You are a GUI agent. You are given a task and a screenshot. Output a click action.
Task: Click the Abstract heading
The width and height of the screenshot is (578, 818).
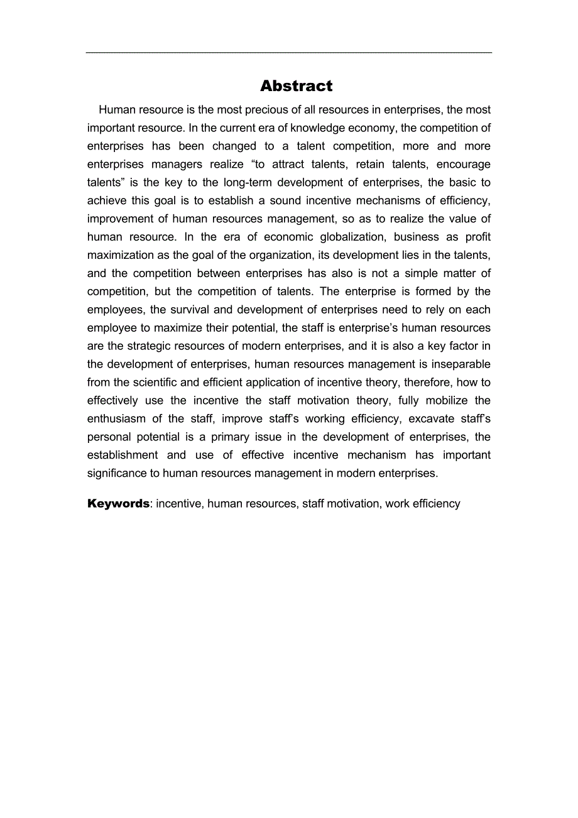tap(296, 86)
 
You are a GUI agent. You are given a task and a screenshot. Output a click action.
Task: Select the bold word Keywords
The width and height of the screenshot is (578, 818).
tap(118, 503)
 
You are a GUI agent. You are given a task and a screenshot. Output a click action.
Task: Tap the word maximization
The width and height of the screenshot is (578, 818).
tap(121, 256)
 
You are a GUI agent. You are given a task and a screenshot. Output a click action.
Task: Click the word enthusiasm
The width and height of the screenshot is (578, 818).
tap(117, 419)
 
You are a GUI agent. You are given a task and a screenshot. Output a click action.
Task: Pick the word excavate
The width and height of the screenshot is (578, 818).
tap(432, 419)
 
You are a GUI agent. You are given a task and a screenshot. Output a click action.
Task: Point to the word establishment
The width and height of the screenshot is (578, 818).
tap(123, 455)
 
